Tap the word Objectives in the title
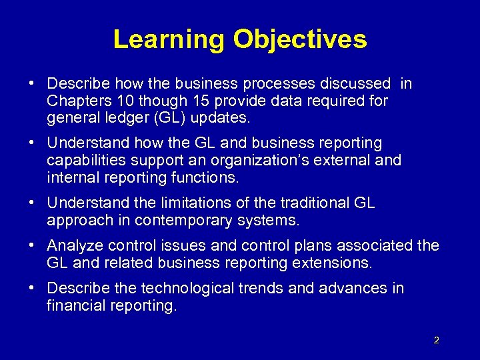click(x=300, y=39)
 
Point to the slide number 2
click(x=436, y=341)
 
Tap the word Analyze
click(x=73, y=246)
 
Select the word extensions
click(x=331, y=263)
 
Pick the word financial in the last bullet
click(x=76, y=306)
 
